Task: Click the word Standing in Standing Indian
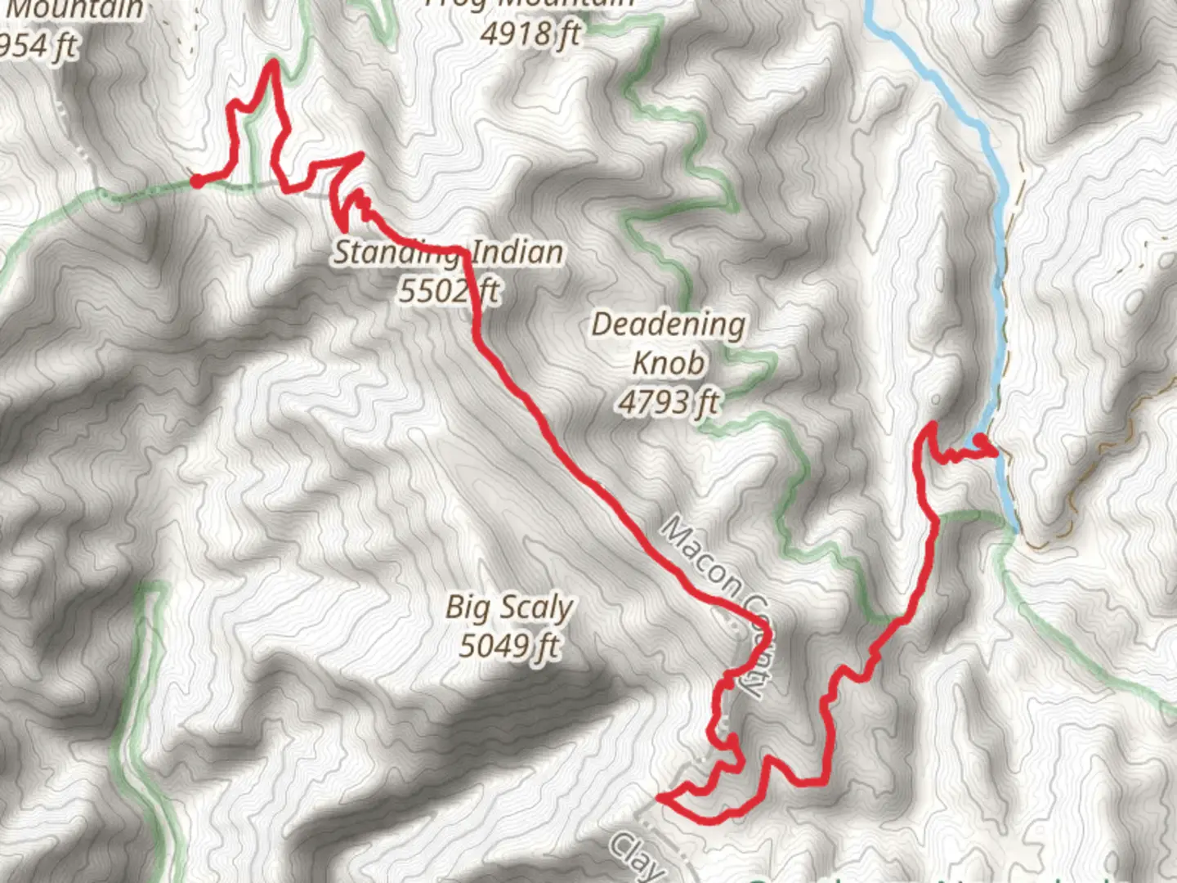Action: click(392, 252)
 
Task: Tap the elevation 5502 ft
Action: click(449, 290)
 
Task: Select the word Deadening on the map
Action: click(668, 325)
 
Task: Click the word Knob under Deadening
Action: click(669, 362)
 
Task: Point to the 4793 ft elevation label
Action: click(669, 401)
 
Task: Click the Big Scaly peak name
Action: click(508, 607)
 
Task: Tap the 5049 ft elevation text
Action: click(508, 646)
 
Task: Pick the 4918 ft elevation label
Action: click(530, 33)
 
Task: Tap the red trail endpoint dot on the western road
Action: click(196, 181)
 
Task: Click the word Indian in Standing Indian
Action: click(517, 252)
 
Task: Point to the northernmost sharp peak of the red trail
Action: click(271, 64)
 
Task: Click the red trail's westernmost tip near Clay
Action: click(660, 795)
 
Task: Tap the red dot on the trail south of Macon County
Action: click(732, 740)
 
